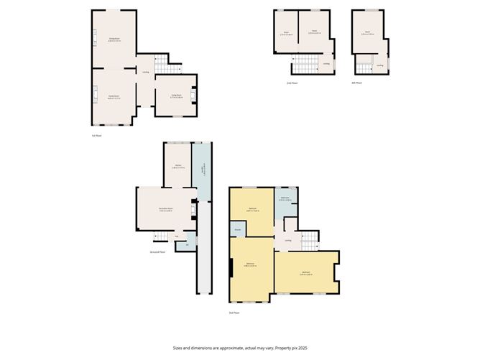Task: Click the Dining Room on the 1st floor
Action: pos(114,40)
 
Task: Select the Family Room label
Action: pos(114,96)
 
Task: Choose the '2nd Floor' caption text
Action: pos(291,83)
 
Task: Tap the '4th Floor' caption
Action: pos(356,83)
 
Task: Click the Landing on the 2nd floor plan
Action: pos(326,64)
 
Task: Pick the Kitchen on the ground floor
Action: pos(177,167)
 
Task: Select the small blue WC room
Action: pos(188,244)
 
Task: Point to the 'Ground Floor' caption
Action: pos(158,252)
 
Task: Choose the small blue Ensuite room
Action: pos(236,230)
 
